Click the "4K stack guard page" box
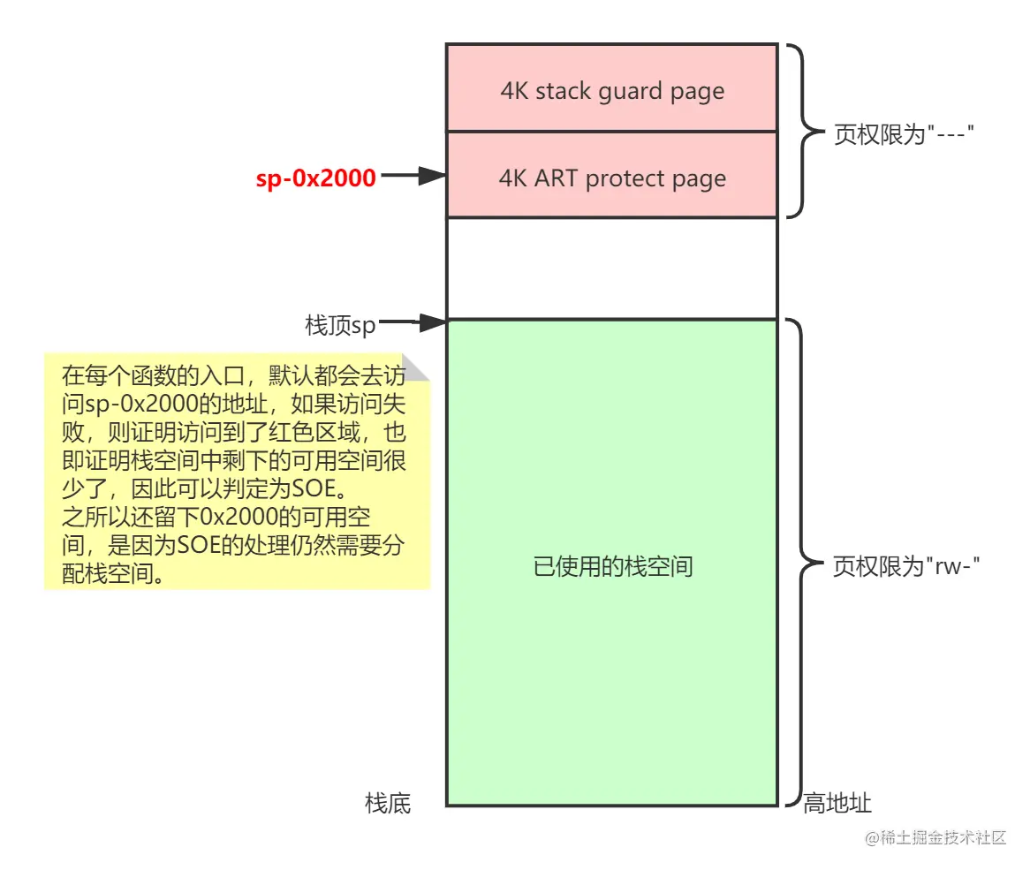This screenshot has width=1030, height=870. [611, 88]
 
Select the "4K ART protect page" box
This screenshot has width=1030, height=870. [611, 176]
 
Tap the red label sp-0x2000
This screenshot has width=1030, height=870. [316, 178]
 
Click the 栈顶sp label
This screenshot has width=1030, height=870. [340, 325]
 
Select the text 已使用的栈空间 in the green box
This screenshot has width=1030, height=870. [613, 566]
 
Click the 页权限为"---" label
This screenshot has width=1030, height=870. [904, 135]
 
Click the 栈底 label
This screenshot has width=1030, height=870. [388, 803]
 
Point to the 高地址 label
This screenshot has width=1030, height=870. [837, 803]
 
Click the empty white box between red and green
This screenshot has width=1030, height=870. [611, 268]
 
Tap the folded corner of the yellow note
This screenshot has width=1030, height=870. [415, 368]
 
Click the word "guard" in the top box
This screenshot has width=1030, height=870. [631, 92]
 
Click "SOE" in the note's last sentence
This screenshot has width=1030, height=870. [204, 543]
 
